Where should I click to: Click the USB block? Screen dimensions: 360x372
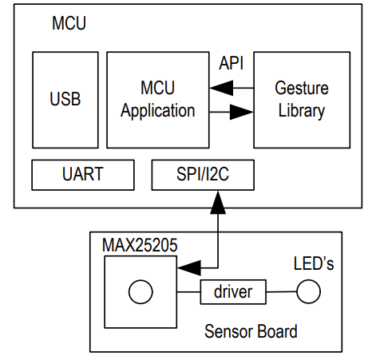click(x=65, y=100)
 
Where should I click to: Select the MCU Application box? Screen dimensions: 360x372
click(x=157, y=100)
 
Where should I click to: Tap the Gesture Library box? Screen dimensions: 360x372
click(x=301, y=100)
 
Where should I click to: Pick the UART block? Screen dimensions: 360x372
click(x=83, y=174)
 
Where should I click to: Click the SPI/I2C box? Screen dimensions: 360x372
click(x=203, y=174)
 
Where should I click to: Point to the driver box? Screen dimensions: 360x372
click(x=232, y=292)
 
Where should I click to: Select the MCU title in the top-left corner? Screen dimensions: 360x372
click(x=69, y=23)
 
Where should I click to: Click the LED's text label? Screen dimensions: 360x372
click(x=312, y=263)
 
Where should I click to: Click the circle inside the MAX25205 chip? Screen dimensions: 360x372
click(x=140, y=293)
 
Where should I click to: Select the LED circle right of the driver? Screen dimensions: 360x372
click(x=308, y=293)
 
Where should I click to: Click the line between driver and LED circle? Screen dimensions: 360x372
click(x=281, y=293)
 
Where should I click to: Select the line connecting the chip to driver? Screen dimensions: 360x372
click(x=188, y=293)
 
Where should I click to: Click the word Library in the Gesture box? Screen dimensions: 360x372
click(x=301, y=110)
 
